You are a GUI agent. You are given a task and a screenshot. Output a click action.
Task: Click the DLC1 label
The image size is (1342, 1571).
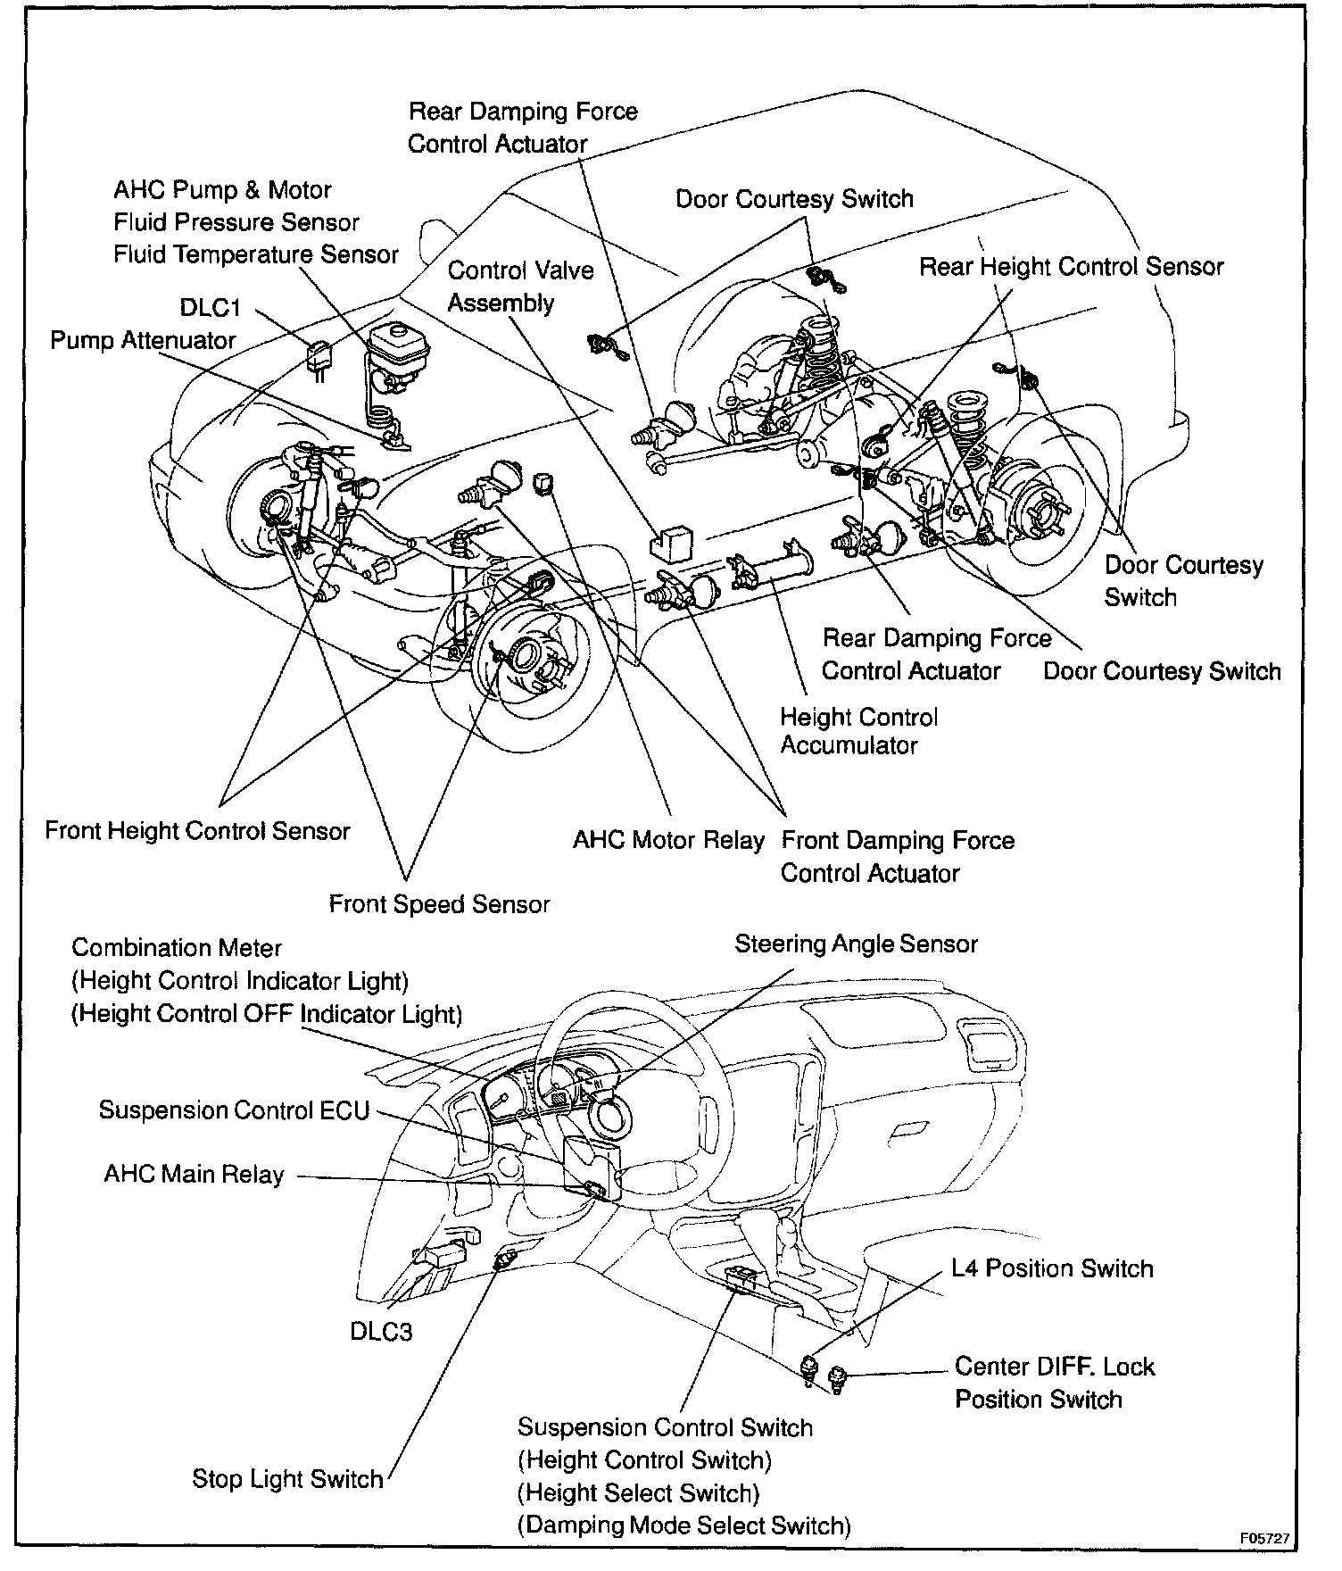point(211,308)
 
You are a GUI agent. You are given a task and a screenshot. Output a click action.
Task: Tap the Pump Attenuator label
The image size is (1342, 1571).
point(143,341)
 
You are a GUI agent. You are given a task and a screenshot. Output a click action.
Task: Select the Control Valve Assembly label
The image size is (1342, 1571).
point(520,287)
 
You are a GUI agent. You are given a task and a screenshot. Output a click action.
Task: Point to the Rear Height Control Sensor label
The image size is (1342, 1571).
point(1072,267)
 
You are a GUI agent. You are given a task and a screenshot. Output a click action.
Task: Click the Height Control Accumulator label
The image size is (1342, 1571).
point(858,731)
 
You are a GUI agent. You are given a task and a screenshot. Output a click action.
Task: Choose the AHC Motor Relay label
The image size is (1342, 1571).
point(668,841)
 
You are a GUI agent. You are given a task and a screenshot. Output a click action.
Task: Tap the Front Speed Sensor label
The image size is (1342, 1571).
point(439,904)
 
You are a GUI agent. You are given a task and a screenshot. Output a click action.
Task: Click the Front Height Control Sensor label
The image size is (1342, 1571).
point(197,831)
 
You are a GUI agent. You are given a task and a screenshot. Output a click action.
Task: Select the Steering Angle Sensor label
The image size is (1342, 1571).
point(856,944)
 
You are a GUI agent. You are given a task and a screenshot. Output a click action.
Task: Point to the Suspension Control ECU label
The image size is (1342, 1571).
point(234,1110)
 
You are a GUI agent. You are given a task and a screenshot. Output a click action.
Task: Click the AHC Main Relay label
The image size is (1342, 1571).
point(194,1174)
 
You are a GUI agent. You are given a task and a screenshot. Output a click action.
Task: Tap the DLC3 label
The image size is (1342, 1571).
point(381,1332)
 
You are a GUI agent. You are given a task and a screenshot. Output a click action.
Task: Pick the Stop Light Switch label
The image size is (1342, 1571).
point(287,1479)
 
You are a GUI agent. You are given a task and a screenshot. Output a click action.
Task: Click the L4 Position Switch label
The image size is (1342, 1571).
point(1052,1268)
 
